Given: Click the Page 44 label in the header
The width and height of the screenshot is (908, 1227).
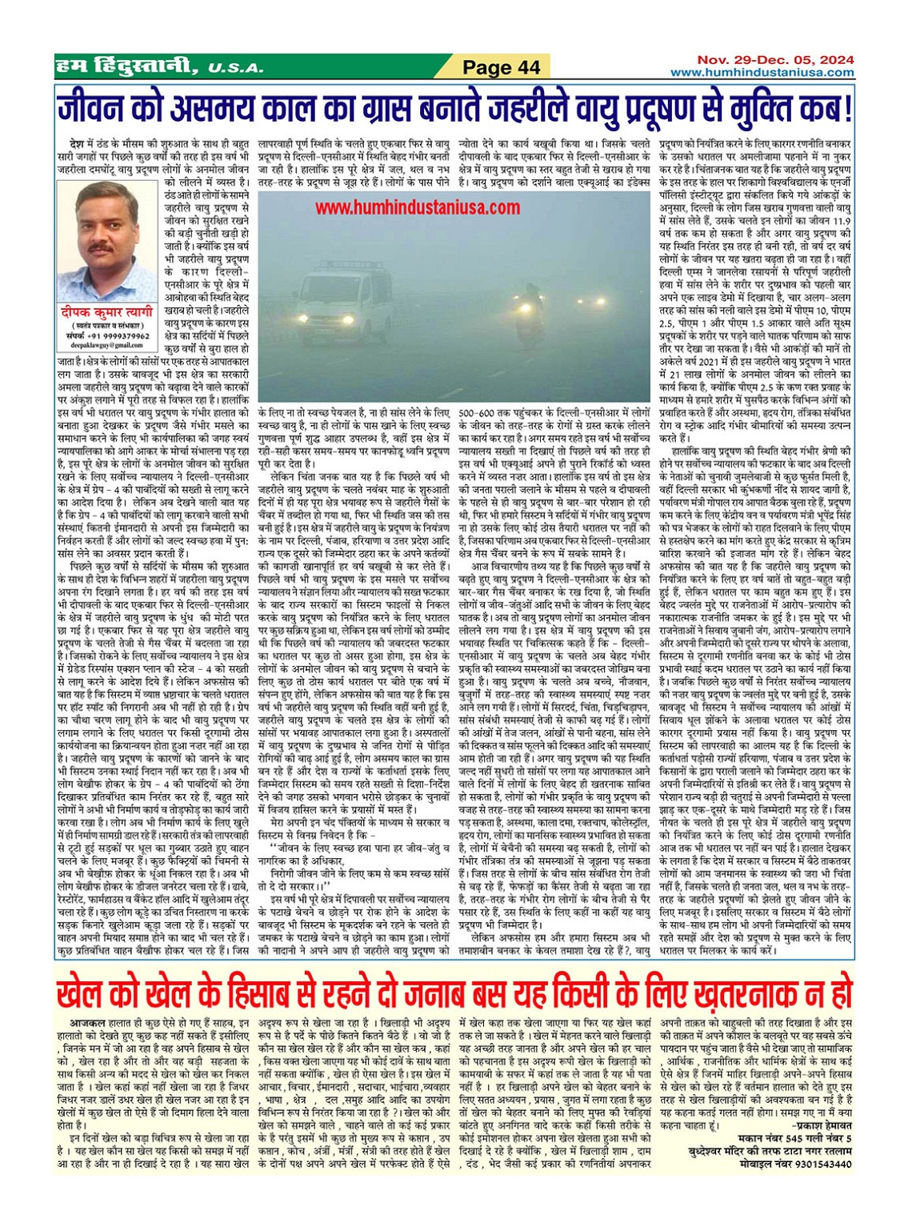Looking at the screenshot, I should click(502, 67).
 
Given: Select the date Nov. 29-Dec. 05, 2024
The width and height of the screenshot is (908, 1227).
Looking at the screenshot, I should click(774, 60).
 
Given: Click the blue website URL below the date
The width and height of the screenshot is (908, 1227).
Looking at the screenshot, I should click(762, 72).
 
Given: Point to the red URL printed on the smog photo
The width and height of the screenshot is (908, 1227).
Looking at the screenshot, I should click(417, 208).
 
